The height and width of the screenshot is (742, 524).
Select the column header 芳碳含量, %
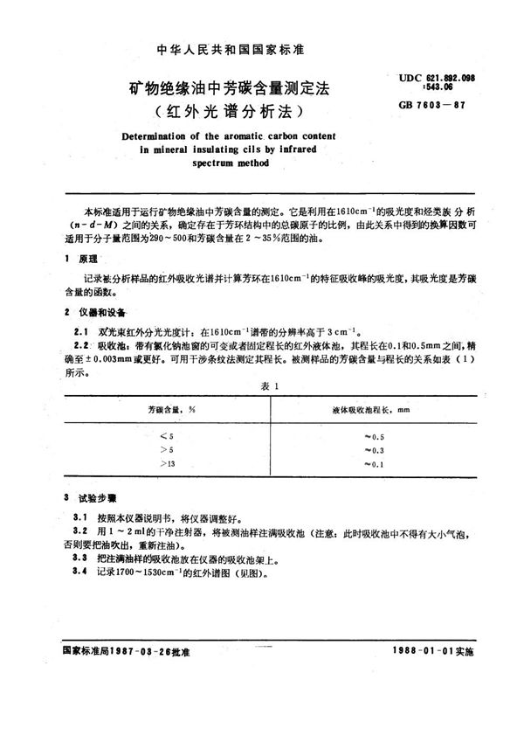click(171, 408)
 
